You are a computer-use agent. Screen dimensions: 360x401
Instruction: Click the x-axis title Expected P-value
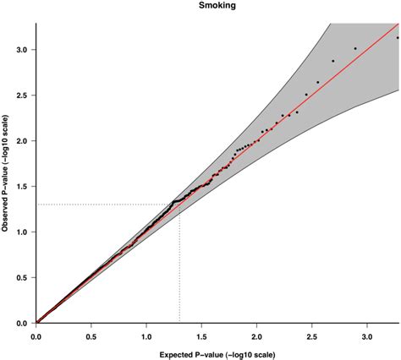point(217,352)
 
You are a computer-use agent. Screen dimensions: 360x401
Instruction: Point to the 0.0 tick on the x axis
point(36,335)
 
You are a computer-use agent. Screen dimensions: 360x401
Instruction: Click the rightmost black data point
point(398,37)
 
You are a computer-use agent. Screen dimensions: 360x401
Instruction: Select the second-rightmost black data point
point(355,48)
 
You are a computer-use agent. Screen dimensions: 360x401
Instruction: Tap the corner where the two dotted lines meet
point(179,205)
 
